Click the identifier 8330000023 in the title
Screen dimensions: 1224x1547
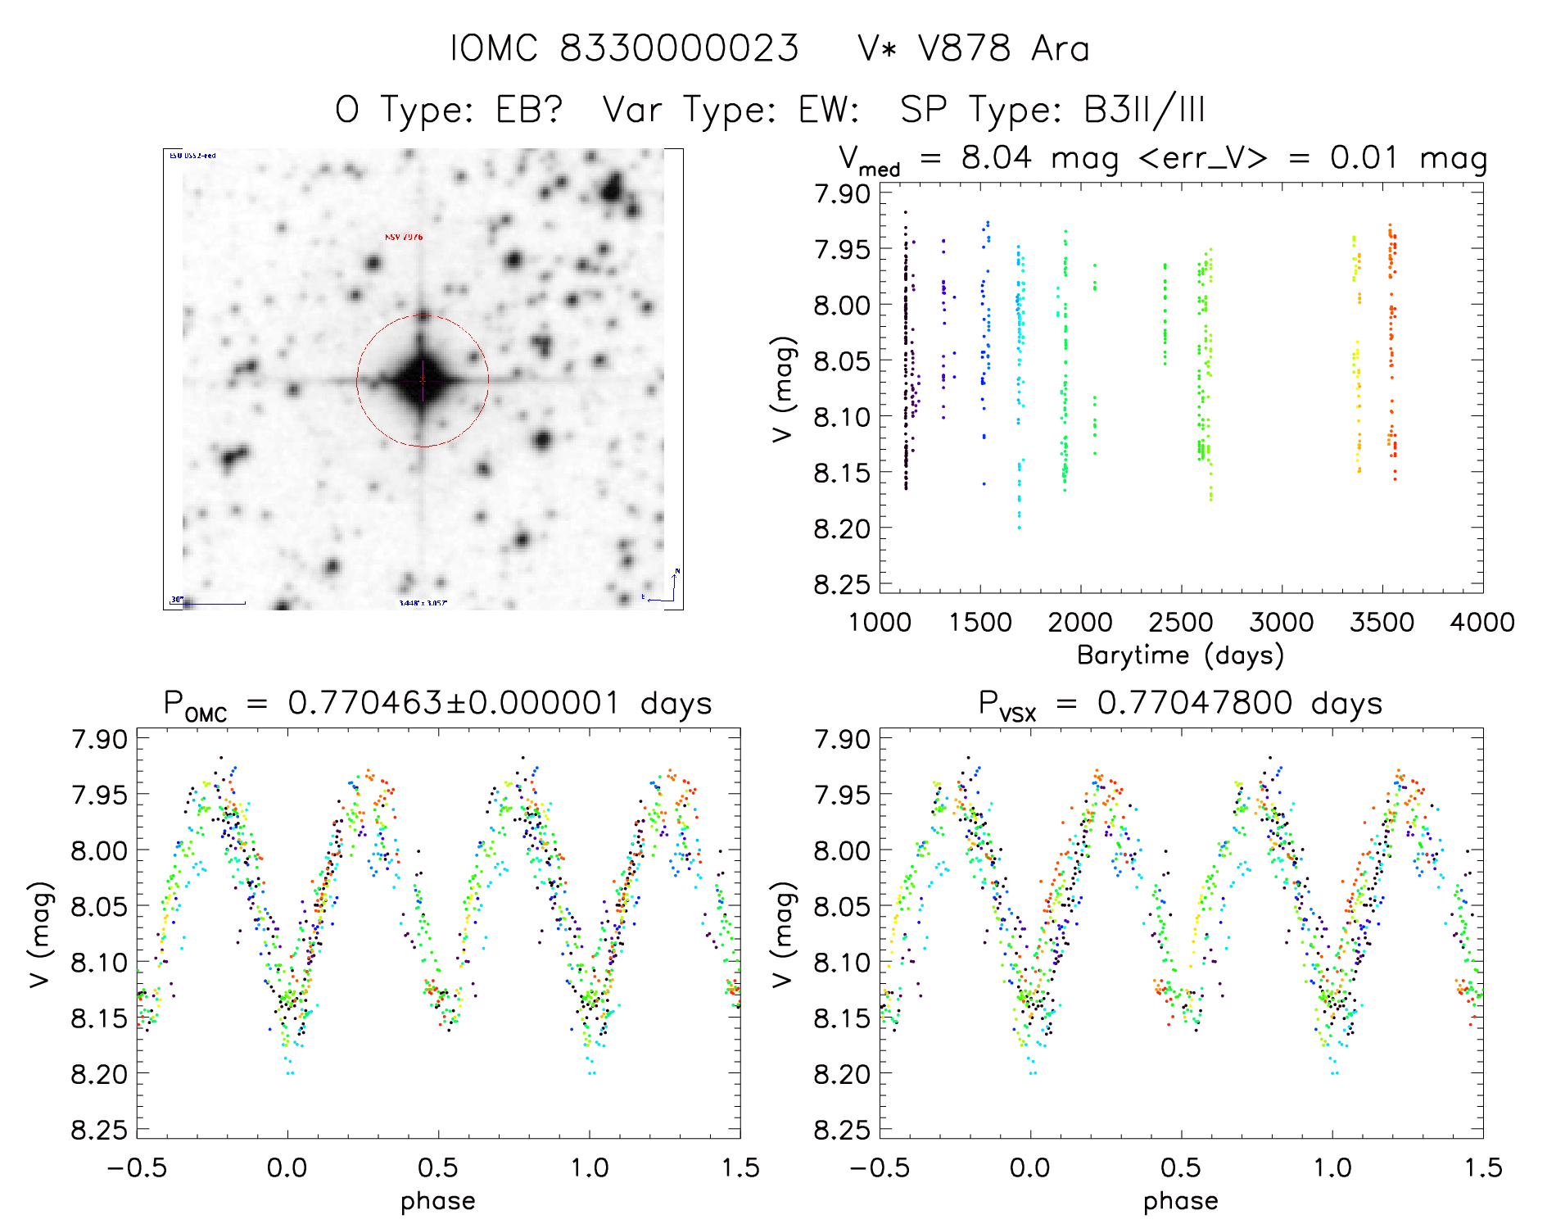[x=679, y=49]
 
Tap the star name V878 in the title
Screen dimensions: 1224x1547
[x=964, y=49]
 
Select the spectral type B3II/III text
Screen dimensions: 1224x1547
[x=1144, y=110]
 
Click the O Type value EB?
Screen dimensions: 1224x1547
[x=529, y=110]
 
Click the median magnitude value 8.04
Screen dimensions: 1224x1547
[x=996, y=157]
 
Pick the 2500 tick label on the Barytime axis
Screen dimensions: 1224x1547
[x=1181, y=623]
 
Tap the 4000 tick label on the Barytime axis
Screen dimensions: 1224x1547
[x=1482, y=623]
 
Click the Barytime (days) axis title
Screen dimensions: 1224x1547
[x=1180, y=655]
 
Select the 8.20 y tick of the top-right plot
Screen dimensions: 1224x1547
[x=841, y=528]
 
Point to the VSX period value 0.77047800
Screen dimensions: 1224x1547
[x=1195, y=703]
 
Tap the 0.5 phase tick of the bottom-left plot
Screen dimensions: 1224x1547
[x=438, y=1167]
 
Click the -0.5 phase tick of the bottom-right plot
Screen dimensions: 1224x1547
[x=880, y=1167]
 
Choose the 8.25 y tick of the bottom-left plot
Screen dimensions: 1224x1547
[x=99, y=1130]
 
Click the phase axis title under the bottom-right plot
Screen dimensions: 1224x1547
[x=1180, y=1201]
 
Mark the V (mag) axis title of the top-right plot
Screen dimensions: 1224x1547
[x=783, y=388]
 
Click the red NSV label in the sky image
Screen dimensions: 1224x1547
[x=404, y=237]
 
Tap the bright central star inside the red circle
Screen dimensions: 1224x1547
[x=423, y=380]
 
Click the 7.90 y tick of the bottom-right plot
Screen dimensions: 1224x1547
[x=841, y=739]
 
